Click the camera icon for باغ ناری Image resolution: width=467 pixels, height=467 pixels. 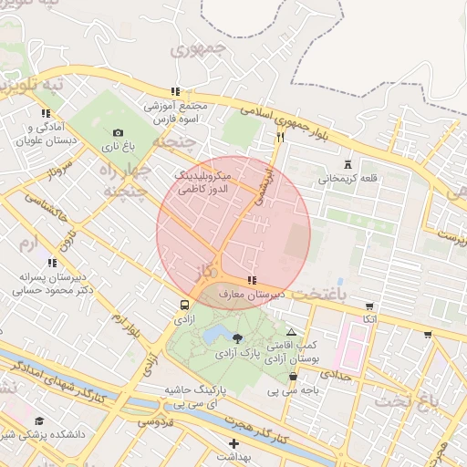(x=118, y=132)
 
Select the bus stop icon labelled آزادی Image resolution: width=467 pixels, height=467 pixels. (x=185, y=306)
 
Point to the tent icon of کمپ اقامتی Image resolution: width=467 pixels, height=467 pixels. (x=291, y=333)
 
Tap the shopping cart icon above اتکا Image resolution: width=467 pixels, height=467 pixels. (x=368, y=306)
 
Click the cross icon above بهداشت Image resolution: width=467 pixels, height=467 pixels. (x=233, y=442)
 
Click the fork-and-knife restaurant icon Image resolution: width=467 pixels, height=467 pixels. (x=280, y=138)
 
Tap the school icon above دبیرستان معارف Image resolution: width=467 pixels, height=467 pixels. (x=251, y=280)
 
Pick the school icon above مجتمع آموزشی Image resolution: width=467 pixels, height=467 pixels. (x=174, y=91)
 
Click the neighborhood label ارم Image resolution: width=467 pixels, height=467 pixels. (x=32, y=244)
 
